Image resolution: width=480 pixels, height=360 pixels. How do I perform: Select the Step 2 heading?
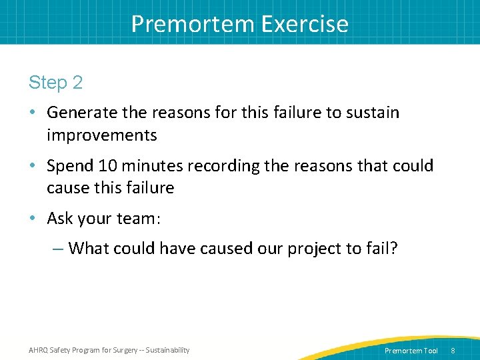click(x=56, y=83)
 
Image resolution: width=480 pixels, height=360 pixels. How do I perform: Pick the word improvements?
click(x=102, y=135)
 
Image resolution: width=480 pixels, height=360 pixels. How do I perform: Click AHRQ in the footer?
click(x=40, y=350)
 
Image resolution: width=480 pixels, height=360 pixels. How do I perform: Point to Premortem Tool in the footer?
click(x=411, y=351)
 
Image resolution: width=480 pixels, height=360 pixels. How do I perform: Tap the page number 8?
click(x=453, y=351)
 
